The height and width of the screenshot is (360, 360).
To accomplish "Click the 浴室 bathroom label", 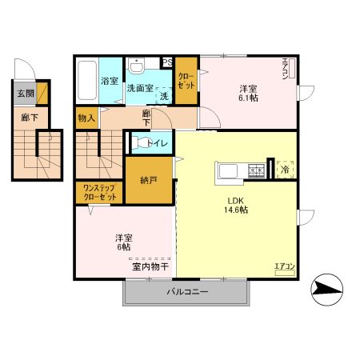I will coord(109,82).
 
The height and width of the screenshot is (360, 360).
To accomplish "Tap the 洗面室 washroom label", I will coord(141,88).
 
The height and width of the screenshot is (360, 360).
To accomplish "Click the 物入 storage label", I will coord(87,118).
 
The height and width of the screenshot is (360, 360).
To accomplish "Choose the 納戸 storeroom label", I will coord(147,181).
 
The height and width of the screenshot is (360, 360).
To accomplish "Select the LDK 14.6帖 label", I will coord(234,204).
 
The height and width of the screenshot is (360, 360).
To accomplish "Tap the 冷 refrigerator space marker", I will coord(285,170).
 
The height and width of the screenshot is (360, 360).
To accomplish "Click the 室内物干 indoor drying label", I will coord(150,266).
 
